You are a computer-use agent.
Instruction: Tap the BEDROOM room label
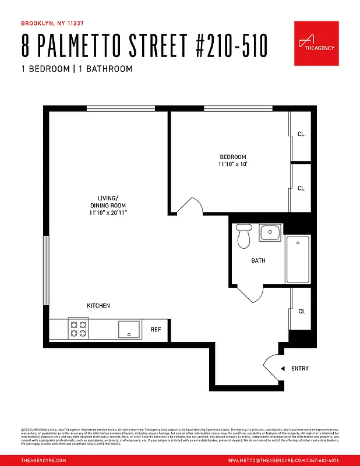(x=232, y=157)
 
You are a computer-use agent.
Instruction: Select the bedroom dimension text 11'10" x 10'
(x=232, y=165)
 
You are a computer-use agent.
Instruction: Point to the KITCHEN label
(x=98, y=306)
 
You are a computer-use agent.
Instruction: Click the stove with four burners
(x=78, y=329)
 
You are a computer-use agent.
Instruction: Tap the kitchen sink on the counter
(x=129, y=329)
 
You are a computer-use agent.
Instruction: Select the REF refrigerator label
(x=156, y=330)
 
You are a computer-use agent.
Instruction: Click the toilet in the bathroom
(x=243, y=235)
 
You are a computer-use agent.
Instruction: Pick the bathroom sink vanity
(x=270, y=233)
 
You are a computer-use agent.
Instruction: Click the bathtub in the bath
(x=298, y=259)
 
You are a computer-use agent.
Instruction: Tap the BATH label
(x=258, y=260)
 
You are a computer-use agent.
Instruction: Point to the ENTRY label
(x=299, y=368)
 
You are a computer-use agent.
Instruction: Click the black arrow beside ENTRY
(x=282, y=368)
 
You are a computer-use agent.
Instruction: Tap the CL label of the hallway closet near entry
(x=301, y=312)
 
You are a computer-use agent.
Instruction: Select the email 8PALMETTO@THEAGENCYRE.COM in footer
(x=262, y=460)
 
